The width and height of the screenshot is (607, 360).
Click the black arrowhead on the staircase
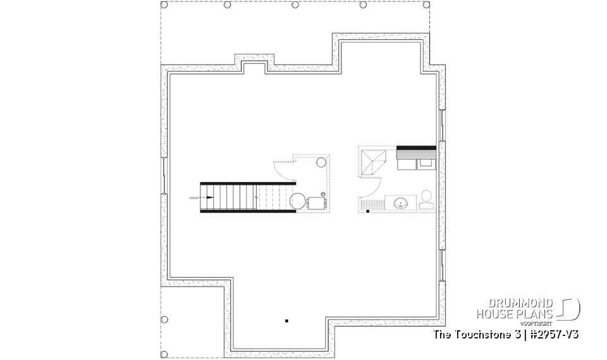point(209,198)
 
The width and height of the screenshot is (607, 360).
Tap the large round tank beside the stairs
point(297,202)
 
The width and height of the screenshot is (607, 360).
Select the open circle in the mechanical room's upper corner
point(321,161)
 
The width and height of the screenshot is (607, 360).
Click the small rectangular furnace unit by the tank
point(316,202)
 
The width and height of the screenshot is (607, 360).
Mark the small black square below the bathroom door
point(367,212)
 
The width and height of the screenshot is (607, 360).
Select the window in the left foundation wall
point(164,177)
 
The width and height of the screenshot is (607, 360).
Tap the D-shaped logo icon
point(570,308)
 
